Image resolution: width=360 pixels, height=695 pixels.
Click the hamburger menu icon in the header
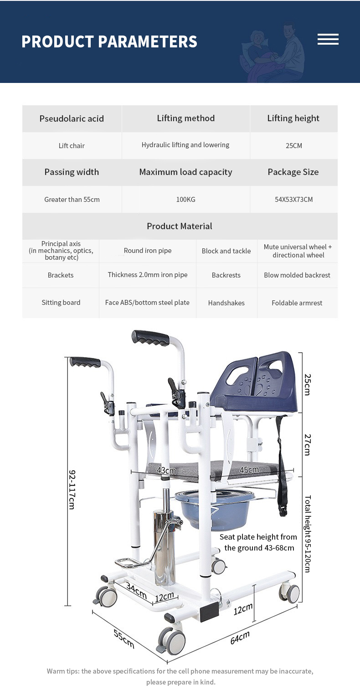click(x=328, y=39)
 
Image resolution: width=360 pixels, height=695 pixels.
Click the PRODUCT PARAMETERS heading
click(x=109, y=41)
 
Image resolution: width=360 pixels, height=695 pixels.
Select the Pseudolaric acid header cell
click(x=72, y=118)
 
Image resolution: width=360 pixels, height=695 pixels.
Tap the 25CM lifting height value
click(x=294, y=146)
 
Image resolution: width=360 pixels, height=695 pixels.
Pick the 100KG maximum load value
click(x=185, y=199)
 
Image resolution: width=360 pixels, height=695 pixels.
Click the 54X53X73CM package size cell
click(x=294, y=199)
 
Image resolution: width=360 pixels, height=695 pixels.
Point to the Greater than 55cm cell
click(x=72, y=199)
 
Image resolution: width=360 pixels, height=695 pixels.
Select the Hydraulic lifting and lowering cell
click(x=185, y=145)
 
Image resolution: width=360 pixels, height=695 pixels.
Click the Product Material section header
click(x=180, y=226)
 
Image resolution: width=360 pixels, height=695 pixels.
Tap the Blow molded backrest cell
click(x=297, y=275)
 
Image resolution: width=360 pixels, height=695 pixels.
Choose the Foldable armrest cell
click(x=297, y=303)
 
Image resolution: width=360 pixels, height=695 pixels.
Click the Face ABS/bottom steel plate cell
click(x=147, y=303)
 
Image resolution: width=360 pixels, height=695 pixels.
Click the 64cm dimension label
click(x=239, y=637)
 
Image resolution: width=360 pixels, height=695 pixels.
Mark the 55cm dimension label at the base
click(x=123, y=639)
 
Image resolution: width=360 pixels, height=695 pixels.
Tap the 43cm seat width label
click(x=166, y=470)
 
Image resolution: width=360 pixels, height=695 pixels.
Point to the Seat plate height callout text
click(x=258, y=542)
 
